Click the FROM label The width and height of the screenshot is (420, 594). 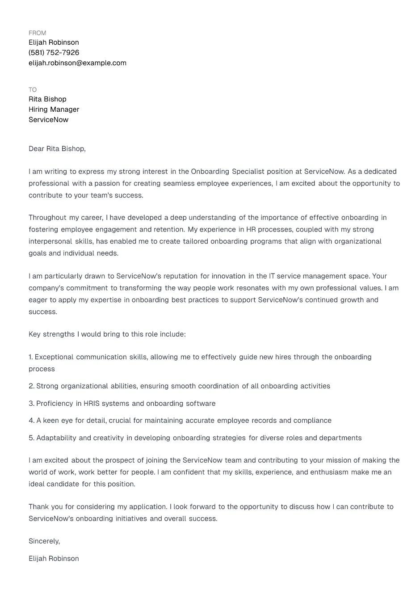click(37, 33)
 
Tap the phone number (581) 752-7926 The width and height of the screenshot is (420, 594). click(54, 53)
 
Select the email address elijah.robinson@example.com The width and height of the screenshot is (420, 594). click(77, 63)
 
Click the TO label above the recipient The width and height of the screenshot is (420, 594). click(33, 90)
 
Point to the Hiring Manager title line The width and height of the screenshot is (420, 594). click(54, 110)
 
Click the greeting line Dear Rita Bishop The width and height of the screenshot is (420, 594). click(57, 149)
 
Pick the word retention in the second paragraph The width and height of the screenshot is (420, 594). click(169, 230)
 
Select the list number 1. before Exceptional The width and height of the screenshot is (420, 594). click(31, 357)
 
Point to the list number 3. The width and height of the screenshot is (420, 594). click(31, 404)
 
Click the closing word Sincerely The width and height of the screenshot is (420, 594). click(44, 541)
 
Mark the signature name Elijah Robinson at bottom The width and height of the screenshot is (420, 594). click(54, 559)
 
